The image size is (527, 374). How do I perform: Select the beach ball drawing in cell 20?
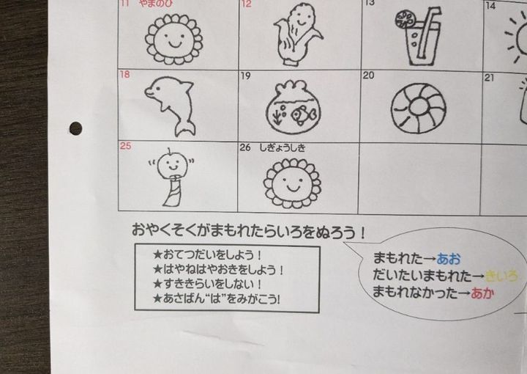point(419,108)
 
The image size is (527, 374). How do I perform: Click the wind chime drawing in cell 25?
point(172,177)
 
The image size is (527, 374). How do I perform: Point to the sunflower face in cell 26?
point(292,183)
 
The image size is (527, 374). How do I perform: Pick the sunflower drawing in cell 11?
point(173,39)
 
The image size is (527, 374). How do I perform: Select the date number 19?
point(246,76)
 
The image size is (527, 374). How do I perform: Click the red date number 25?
point(125,146)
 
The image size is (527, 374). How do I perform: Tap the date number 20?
point(368,76)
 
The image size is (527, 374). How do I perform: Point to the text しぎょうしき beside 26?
point(283,148)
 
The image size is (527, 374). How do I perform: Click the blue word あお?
point(449,259)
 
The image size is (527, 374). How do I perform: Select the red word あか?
point(482,293)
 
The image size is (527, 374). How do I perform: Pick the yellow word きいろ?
point(501,276)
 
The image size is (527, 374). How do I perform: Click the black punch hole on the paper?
point(76,128)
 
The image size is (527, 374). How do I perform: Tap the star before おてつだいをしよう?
point(157,254)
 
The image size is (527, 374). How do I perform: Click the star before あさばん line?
point(157,298)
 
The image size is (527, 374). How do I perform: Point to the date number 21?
point(490,78)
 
